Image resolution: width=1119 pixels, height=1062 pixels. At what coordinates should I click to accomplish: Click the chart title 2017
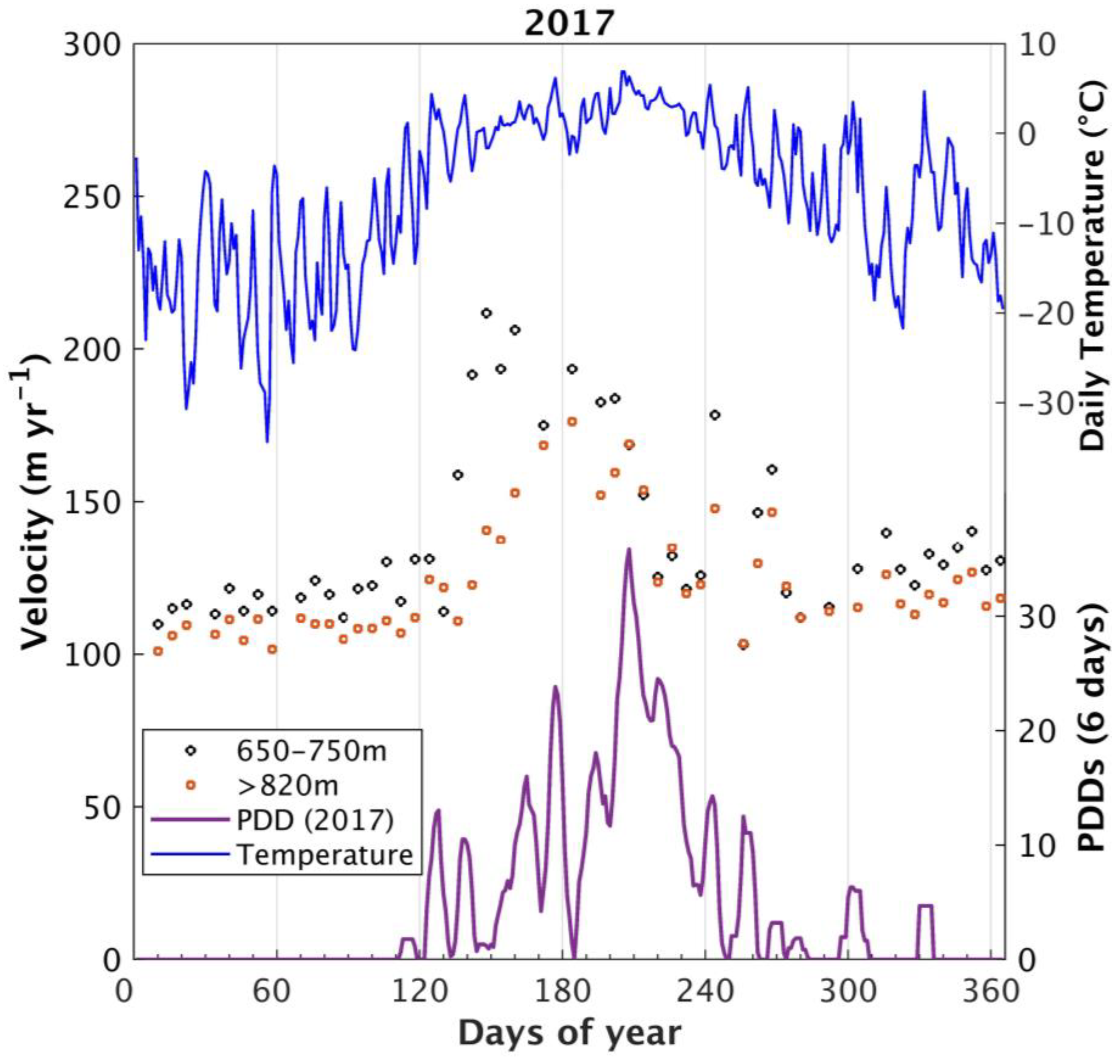[568, 24]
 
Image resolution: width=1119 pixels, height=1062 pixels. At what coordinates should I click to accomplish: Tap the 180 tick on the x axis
[562, 992]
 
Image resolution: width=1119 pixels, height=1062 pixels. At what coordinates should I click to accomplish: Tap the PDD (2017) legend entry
[315, 820]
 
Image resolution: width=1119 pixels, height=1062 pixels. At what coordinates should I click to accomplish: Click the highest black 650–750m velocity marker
[486, 313]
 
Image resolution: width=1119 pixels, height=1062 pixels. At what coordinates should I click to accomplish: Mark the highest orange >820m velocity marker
[572, 422]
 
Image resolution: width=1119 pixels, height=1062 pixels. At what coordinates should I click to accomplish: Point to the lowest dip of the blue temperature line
[267, 442]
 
